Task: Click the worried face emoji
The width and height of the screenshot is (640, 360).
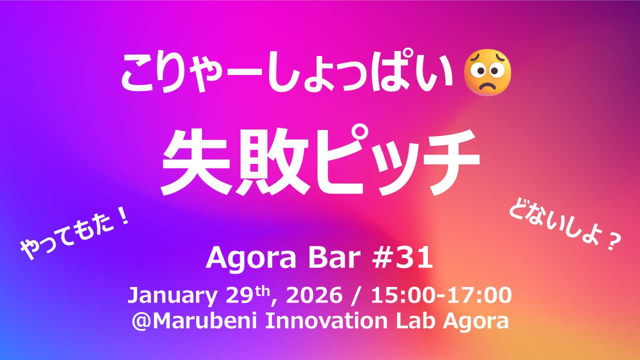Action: point(487,72)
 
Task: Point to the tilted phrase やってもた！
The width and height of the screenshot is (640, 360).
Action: point(75,235)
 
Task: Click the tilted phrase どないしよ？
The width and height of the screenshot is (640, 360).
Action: point(565,228)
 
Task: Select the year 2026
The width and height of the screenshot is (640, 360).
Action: point(314,295)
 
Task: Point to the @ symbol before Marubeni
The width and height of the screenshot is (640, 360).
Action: point(141,322)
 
